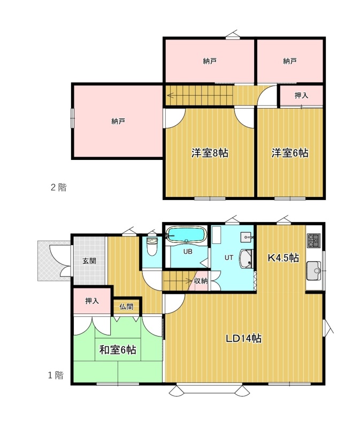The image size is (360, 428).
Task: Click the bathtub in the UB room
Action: pos(186,234)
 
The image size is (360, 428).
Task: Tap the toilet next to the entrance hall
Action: pos(152,247)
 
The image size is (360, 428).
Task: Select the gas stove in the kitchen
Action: pos(313,240)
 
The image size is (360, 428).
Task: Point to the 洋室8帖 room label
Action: pos(210,153)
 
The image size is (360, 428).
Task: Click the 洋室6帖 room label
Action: pos(290,153)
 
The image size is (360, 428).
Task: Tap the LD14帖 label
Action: pos(243,339)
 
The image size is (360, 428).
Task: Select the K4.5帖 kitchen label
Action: pos(283,258)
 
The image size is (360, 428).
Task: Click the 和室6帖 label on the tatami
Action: pos(118,350)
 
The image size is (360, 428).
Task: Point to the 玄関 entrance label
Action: pos(89,261)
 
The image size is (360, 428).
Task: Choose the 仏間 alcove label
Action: pos(126,307)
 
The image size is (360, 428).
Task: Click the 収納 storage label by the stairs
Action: pos(201,280)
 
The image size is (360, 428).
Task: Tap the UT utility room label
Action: pos(229,257)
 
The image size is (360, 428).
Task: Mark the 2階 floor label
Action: pos(59,187)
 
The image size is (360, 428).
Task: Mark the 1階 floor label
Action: pos(56,376)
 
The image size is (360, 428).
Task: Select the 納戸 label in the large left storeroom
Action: pos(118,121)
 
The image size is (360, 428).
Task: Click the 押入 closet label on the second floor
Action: pos(301,95)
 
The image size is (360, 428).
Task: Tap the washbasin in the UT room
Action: pos(247,258)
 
